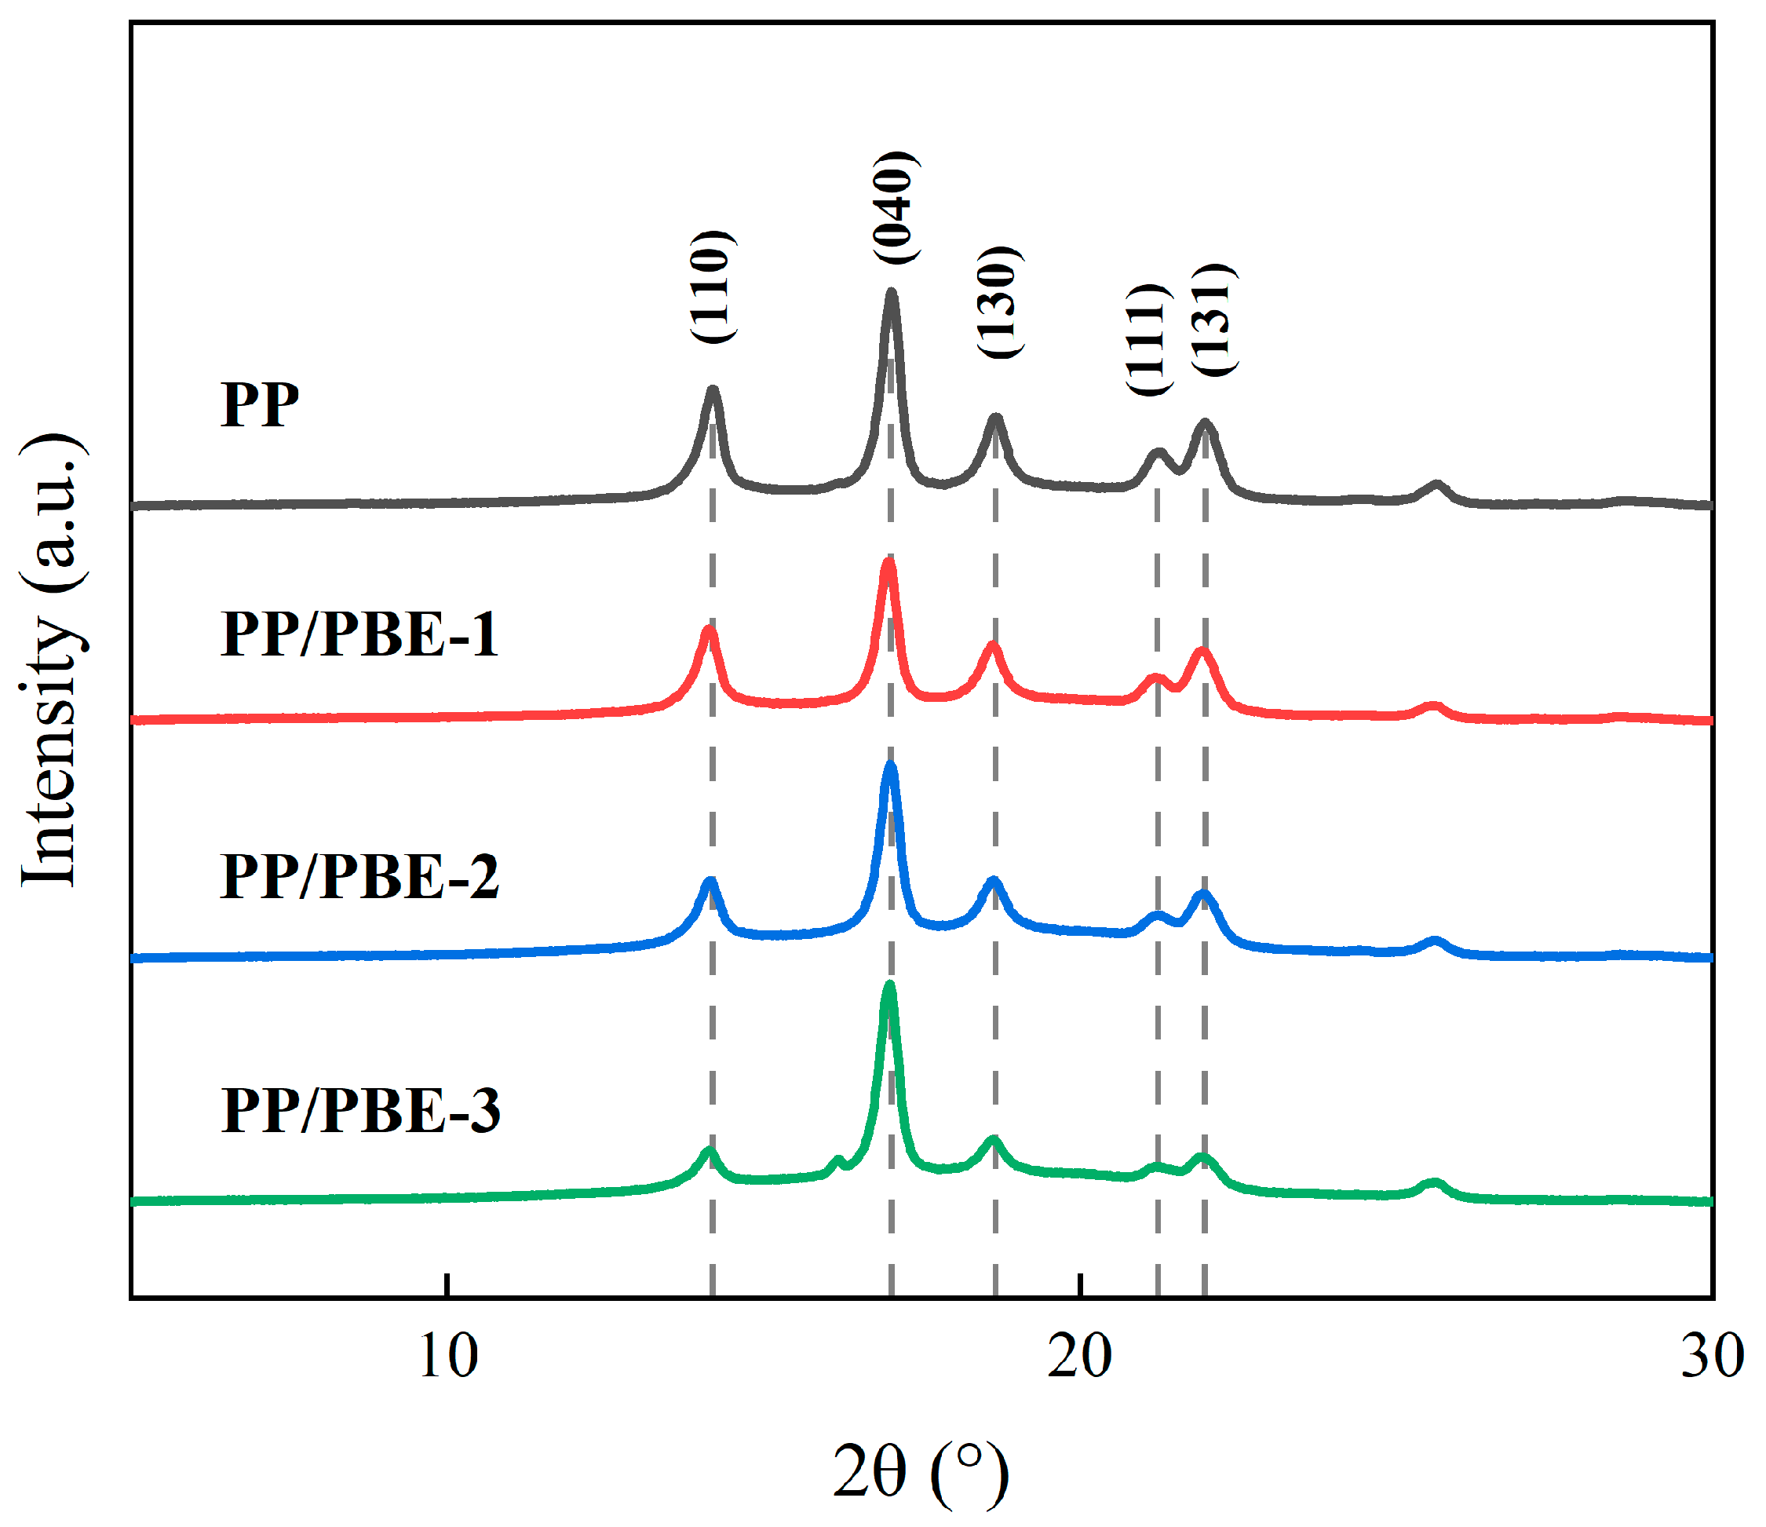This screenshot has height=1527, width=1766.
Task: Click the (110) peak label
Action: point(711,287)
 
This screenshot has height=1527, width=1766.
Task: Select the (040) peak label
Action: point(894,208)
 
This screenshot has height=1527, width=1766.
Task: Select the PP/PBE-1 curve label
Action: point(359,634)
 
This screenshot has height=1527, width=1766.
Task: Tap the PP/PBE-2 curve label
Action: point(359,876)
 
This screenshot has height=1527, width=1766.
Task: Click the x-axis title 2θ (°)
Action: point(921,1472)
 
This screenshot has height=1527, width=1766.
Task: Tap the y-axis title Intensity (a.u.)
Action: point(53,661)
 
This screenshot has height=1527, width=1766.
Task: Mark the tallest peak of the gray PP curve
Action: point(892,294)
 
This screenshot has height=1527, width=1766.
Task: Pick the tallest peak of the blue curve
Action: point(891,765)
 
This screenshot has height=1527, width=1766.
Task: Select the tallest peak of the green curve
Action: point(890,985)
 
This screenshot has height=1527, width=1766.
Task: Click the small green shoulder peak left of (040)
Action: point(837,1160)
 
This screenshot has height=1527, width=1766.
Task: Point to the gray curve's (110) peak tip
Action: point(713,390)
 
